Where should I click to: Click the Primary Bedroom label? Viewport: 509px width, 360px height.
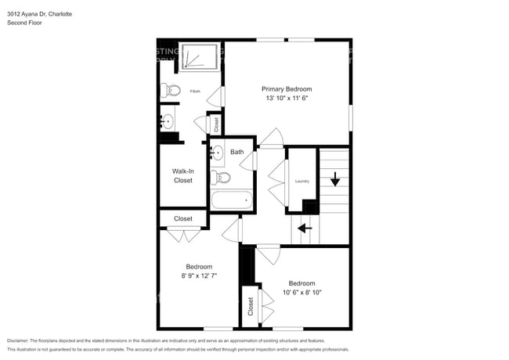pyautogui.click(x=287, y=89)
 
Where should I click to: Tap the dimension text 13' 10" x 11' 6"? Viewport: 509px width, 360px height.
pyautogui.click(x=287, y=99)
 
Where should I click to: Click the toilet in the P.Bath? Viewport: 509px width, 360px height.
pyautogui.click(x=171, y=89)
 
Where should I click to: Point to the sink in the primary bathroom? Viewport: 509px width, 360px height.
pyautogui.click(x=167, y=121)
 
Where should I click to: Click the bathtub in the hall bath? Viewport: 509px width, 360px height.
pyautogui.click(x=233, y=200)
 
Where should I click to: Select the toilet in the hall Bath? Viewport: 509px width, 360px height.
pyautogui.click(x=222, y=178)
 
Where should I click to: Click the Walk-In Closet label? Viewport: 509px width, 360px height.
pyautogui.click(x=182, y=175)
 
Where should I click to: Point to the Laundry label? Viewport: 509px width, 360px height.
pyautogui.click(x=302, y=181)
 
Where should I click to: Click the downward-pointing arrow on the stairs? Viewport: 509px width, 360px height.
pyautogui.click(x=335, y=181)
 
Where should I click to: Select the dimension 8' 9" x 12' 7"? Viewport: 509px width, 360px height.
pyautogui.click(x=198, y=275)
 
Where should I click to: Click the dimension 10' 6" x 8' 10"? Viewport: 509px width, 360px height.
pyautogui.click(x=301, y=293)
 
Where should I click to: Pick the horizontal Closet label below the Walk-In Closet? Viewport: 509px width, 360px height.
pyautogui.click(x=183, y=219)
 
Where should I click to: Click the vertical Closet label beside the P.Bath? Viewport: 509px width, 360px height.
pyautogui.click(x=217, y=123)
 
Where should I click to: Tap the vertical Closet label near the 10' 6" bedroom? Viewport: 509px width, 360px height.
pyautogui.click(x=250, y=308)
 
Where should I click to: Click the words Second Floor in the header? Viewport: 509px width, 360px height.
pyautogui.click(x=24, y=23)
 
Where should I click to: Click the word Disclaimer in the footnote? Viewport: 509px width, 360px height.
pyautogui.click(x=21, y=340)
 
